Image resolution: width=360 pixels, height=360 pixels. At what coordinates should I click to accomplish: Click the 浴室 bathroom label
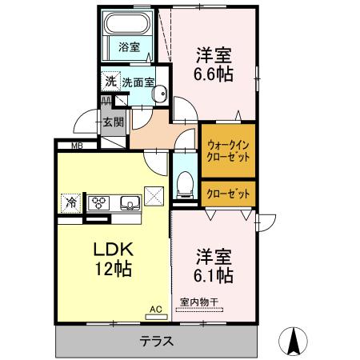pos(129,47)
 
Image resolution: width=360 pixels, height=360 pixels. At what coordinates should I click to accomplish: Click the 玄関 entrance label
pos(112,122)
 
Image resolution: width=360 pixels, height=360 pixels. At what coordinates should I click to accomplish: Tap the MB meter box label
pos(77,145)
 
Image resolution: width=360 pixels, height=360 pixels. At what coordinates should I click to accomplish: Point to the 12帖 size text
pos(113,270)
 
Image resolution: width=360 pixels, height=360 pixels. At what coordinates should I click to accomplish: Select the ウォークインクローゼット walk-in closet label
pos(228,151)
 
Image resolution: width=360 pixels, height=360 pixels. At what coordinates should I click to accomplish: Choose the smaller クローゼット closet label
pos(228,194)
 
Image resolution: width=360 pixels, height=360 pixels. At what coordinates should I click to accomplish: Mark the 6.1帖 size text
pos(214,275)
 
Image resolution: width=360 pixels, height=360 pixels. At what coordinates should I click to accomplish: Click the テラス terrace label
pos(157,342)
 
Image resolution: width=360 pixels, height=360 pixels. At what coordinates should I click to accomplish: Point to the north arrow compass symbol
pos(294,342)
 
